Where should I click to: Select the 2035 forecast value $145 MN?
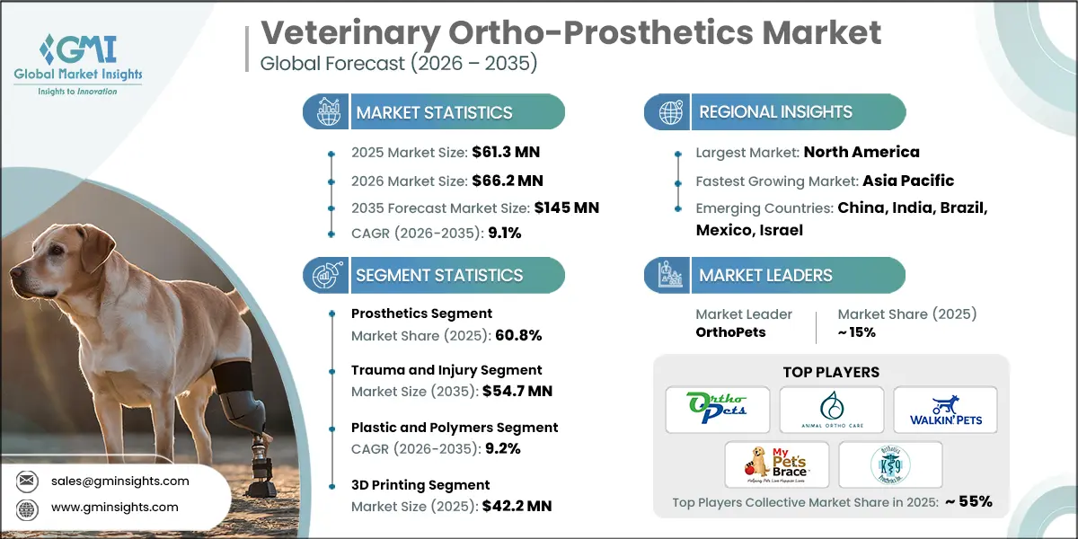pos(566,208)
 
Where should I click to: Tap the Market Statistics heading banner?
pos(434,112)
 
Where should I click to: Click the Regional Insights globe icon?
pos(668,112)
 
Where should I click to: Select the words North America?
pos(861,152)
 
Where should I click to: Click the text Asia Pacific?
pos(908,180)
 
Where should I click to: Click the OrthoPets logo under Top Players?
pos(718,409)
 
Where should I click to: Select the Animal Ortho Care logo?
pos(831,409)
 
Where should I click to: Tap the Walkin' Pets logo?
pos(944,409)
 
